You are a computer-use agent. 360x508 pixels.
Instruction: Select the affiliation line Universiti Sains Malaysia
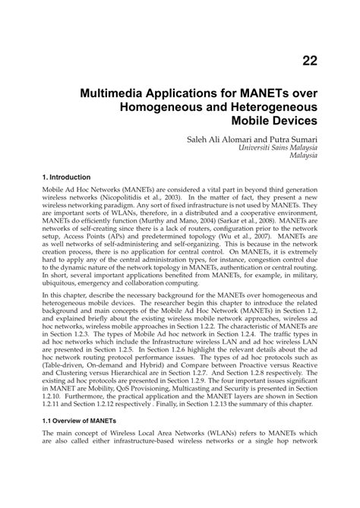click(x=278, y=149)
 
